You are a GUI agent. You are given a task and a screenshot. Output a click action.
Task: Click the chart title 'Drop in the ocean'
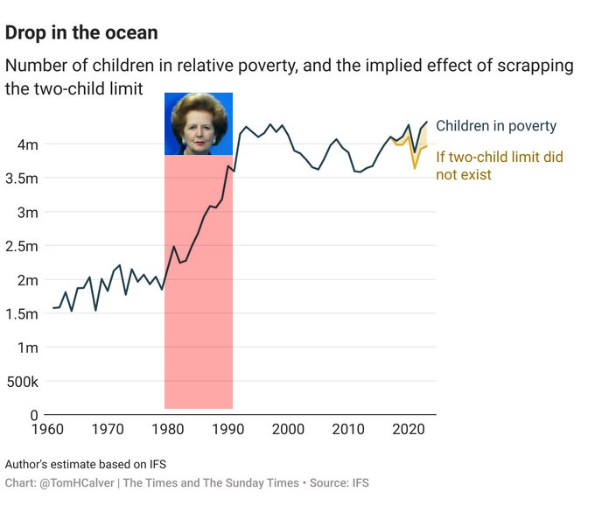[81, 33]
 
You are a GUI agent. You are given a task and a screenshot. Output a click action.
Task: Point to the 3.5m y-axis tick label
[23, 179]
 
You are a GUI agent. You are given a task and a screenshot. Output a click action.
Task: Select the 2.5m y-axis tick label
[23, 246]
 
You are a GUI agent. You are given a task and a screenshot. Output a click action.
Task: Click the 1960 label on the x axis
[46, 430]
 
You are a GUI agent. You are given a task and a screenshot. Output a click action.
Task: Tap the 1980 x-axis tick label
[167, 430]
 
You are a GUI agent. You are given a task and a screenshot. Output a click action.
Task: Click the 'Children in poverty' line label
[496, 126]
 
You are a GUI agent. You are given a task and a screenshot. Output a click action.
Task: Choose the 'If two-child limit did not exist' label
[499, 165]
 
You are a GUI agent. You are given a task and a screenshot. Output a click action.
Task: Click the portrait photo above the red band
[199, 123]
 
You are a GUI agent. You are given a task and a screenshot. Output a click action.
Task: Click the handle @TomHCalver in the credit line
[74, 483]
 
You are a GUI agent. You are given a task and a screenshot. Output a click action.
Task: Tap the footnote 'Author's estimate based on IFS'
[85, 464]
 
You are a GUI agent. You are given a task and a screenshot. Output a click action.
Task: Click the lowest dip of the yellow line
[416, 166]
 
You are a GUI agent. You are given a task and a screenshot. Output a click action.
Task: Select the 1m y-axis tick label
[29, 348]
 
